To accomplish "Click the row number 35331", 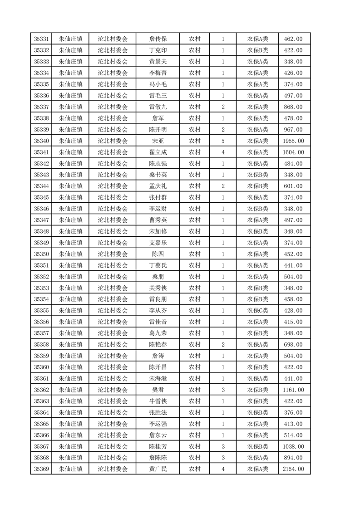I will pyautogui.click(x=41, y=39).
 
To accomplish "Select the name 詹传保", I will pyautogui.click(x=158, y=39).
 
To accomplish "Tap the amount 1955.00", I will pyautogui.click(x=293, y=141).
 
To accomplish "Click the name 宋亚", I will pyautogui.click(x=158, y=141).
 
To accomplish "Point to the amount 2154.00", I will pyautogui.click(x=293, y=469).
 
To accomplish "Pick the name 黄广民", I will pyautogui.click(x=158, y=469).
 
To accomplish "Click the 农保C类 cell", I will pyautogui.click(x=257, y=311).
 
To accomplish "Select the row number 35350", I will pyautogui.click(x=41, y=254).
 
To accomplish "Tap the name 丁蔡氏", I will pyautogui.click(x=158, y=265).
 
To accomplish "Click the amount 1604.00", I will pyautogui.click(x=293, y=152).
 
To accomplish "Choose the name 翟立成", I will pyautogui.click(x=158, y=152).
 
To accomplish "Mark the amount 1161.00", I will pyautogui.click(x=293, y=390).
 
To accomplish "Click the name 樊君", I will pyautogui.click(x=158, y=390).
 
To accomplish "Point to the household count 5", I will pyautogui.click(x=223, y=141).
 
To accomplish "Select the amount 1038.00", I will pyautogui.click(x=293, y=446).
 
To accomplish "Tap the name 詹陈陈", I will pyautogui.click(x=158, y=458).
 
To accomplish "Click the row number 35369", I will pyautogui.click(x=41, y=469).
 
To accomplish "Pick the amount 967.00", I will pyautogui.click(x=293, y=130).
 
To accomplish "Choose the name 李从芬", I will pyautogui.click(x=158, y=311).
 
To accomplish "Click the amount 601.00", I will pyautogui.click(x=293, y=186).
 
